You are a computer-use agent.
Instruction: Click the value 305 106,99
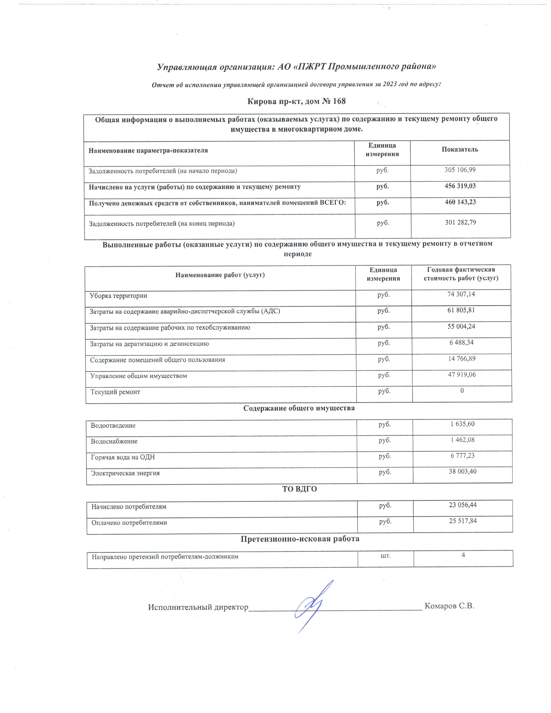tap(460, 170)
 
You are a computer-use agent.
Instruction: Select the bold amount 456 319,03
tap(460, 186)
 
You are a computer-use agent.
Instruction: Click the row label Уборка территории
tap(118, 296)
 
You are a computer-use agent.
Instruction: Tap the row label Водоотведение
tap(113, 426)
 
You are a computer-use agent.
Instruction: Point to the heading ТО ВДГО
tap(299, 489)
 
